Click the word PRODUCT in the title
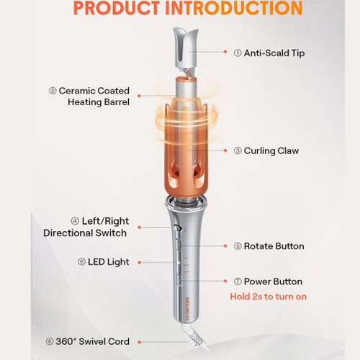pyautogui.click(x=117, y=8)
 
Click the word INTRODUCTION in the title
pyautogui.click(x=234, y=8)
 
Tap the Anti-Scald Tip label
pyautogui.click(x=274, y=53)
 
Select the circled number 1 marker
pyautogui.click(x=238, y=53)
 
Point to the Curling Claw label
pyautogui.click(x=271, y=150)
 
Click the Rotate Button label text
pyautogui.click(x=274, y=246)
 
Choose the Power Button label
pyautogui.click(x=273, y=282)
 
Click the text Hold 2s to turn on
pyautogui.click(x=269, y=297)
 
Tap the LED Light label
pyautogui.click(x=108, y=262)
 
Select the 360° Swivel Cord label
pyautogui.click(x=92, y=341)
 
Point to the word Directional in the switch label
pyautogui.click(x=68, y=233)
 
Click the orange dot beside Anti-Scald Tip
pyautogui.click(x=225, y=52)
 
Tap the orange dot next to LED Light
pyautogui.click(x=139, y=263)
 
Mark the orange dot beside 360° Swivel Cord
pyautogui.click(x=139, y=342)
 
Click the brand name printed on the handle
pyautogui.click(x=187, y=309)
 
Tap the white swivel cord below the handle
pyautogui.click(x=196, y=336)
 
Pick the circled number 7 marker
pyautogui.click(x=238, y=282)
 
